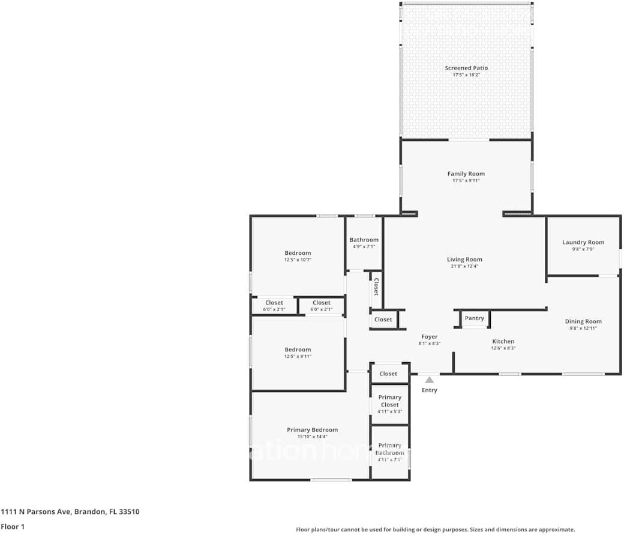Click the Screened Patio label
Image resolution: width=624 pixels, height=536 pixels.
[x=466, y=68]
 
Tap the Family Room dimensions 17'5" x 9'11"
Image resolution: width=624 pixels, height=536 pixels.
[x=466, y=180]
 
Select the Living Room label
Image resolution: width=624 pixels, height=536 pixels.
[x=464, y=260]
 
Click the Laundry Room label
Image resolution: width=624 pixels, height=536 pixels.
[x=583, y=242]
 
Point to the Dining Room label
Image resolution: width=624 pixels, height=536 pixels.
[x=583, y=321]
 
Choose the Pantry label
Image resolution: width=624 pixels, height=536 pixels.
[x=474, y=318]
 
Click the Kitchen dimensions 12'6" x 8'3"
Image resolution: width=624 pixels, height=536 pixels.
[x=503, y=348]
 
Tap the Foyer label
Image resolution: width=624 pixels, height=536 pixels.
[x=429, y=337]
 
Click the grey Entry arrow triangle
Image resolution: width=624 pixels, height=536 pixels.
[x=429, y=380]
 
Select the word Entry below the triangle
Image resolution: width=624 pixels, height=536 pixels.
[x=429, y=390]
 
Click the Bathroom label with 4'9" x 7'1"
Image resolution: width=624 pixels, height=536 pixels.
[x=364, y=240]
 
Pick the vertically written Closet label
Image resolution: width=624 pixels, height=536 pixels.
[x=376, y=287]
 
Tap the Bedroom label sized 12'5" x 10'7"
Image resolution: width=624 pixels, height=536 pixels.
[x=298, y=253]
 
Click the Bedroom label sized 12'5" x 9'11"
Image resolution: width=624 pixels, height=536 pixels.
[x=298, y=350]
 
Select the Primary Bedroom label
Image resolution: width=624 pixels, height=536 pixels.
[x=312, y=430]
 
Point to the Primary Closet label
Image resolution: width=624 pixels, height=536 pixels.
[x=389, y=401]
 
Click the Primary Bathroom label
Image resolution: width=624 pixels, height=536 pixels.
[x=389, y=449]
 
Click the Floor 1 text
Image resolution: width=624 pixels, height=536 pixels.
[x=12, y=527]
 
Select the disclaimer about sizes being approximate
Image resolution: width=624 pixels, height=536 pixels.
[x=435, y=529]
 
